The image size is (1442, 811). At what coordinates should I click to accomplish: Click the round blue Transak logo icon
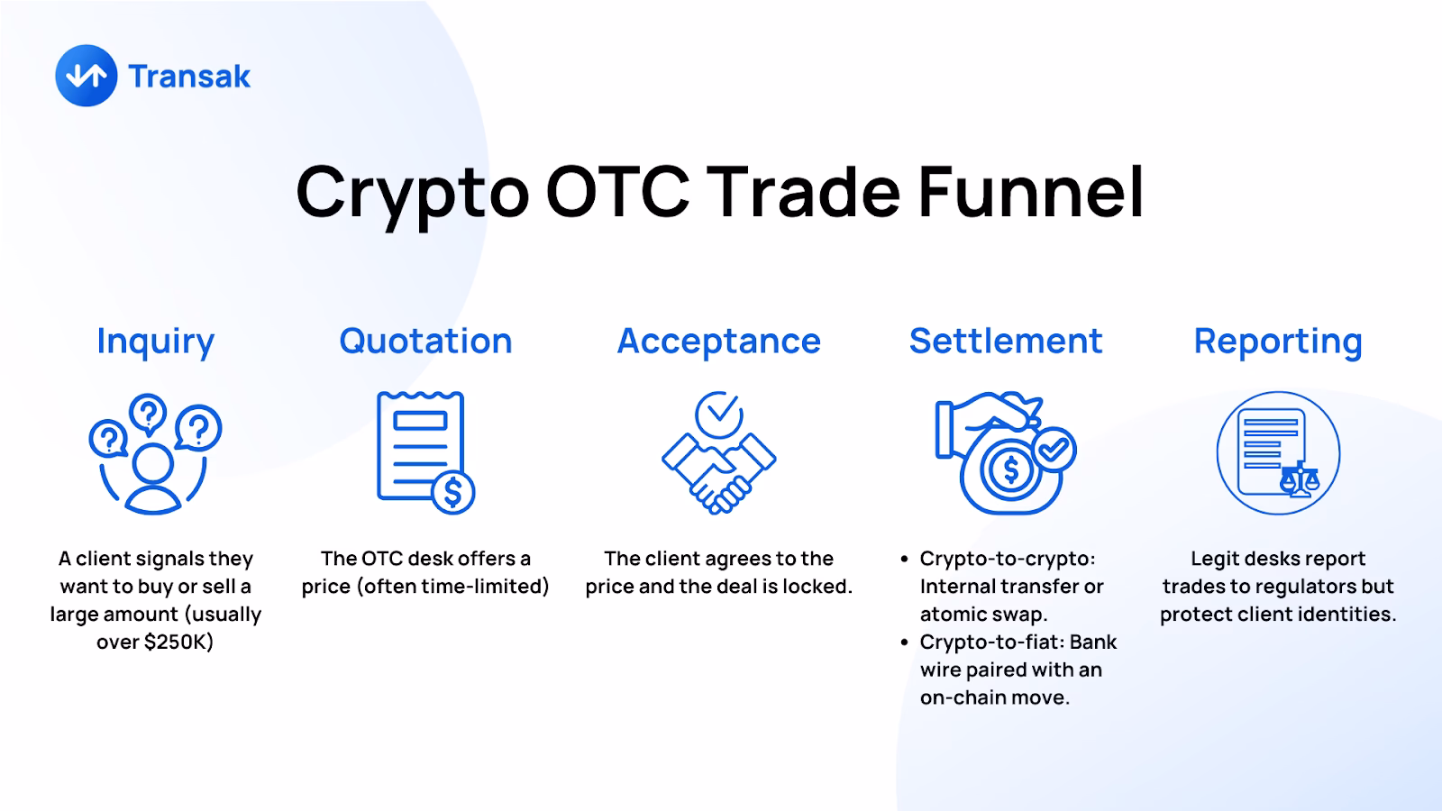pyautogui.click(x=87, y=76)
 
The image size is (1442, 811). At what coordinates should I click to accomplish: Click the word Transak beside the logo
pyautogui.click(x=189, y=77)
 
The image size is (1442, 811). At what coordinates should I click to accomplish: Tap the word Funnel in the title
pyautogui.click(x=1031, y=192)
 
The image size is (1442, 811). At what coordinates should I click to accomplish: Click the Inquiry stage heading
pyautogui.click(x=155, y=342)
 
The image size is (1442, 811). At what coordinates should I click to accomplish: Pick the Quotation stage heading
pyautogui.click(x=425, y=342)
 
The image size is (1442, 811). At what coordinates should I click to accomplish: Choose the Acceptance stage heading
pyautogui.click(x=718, y=342)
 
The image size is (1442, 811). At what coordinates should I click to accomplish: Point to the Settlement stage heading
pyautogui.click(x=1005, y=342)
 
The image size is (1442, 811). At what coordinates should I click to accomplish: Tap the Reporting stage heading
pyautogui.click(x=1277, y=342)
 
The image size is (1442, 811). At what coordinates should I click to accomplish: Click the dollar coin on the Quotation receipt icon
pyautogui.click(x=453, y=492)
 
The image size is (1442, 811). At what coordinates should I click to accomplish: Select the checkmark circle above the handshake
pyautogui.click(x=718, y=414)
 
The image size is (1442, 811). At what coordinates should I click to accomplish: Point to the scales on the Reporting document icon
pyautogui.click(x=1299, y=478)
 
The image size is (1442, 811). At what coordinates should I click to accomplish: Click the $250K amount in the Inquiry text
pyautogui.click(x=178, y=642)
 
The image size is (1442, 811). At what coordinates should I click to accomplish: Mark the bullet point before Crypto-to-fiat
pyautogui.click(x=905, y=642)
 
